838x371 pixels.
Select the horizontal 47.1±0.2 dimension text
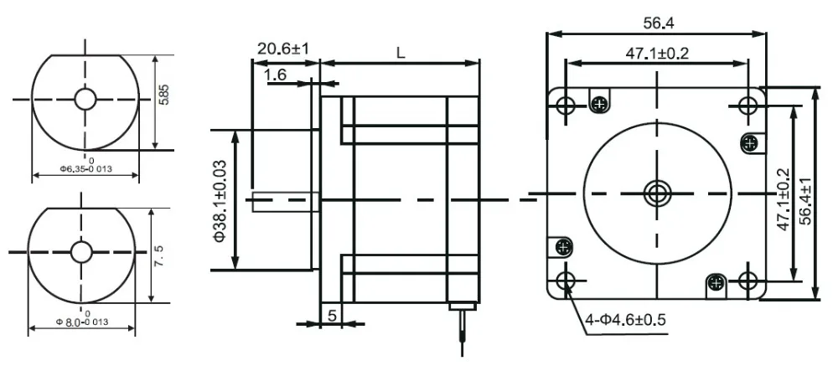click(x=657, y=54)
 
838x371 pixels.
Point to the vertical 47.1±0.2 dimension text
click(x=784, y=199)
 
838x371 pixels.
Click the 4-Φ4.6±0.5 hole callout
click(x=625, y=320)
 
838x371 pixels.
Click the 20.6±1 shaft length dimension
click(x=283, y=49)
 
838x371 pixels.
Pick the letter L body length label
click(x=401, y=52)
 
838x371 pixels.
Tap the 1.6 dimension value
click(x=276, y=75)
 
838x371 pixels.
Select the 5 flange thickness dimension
click(x=333, y=316)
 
